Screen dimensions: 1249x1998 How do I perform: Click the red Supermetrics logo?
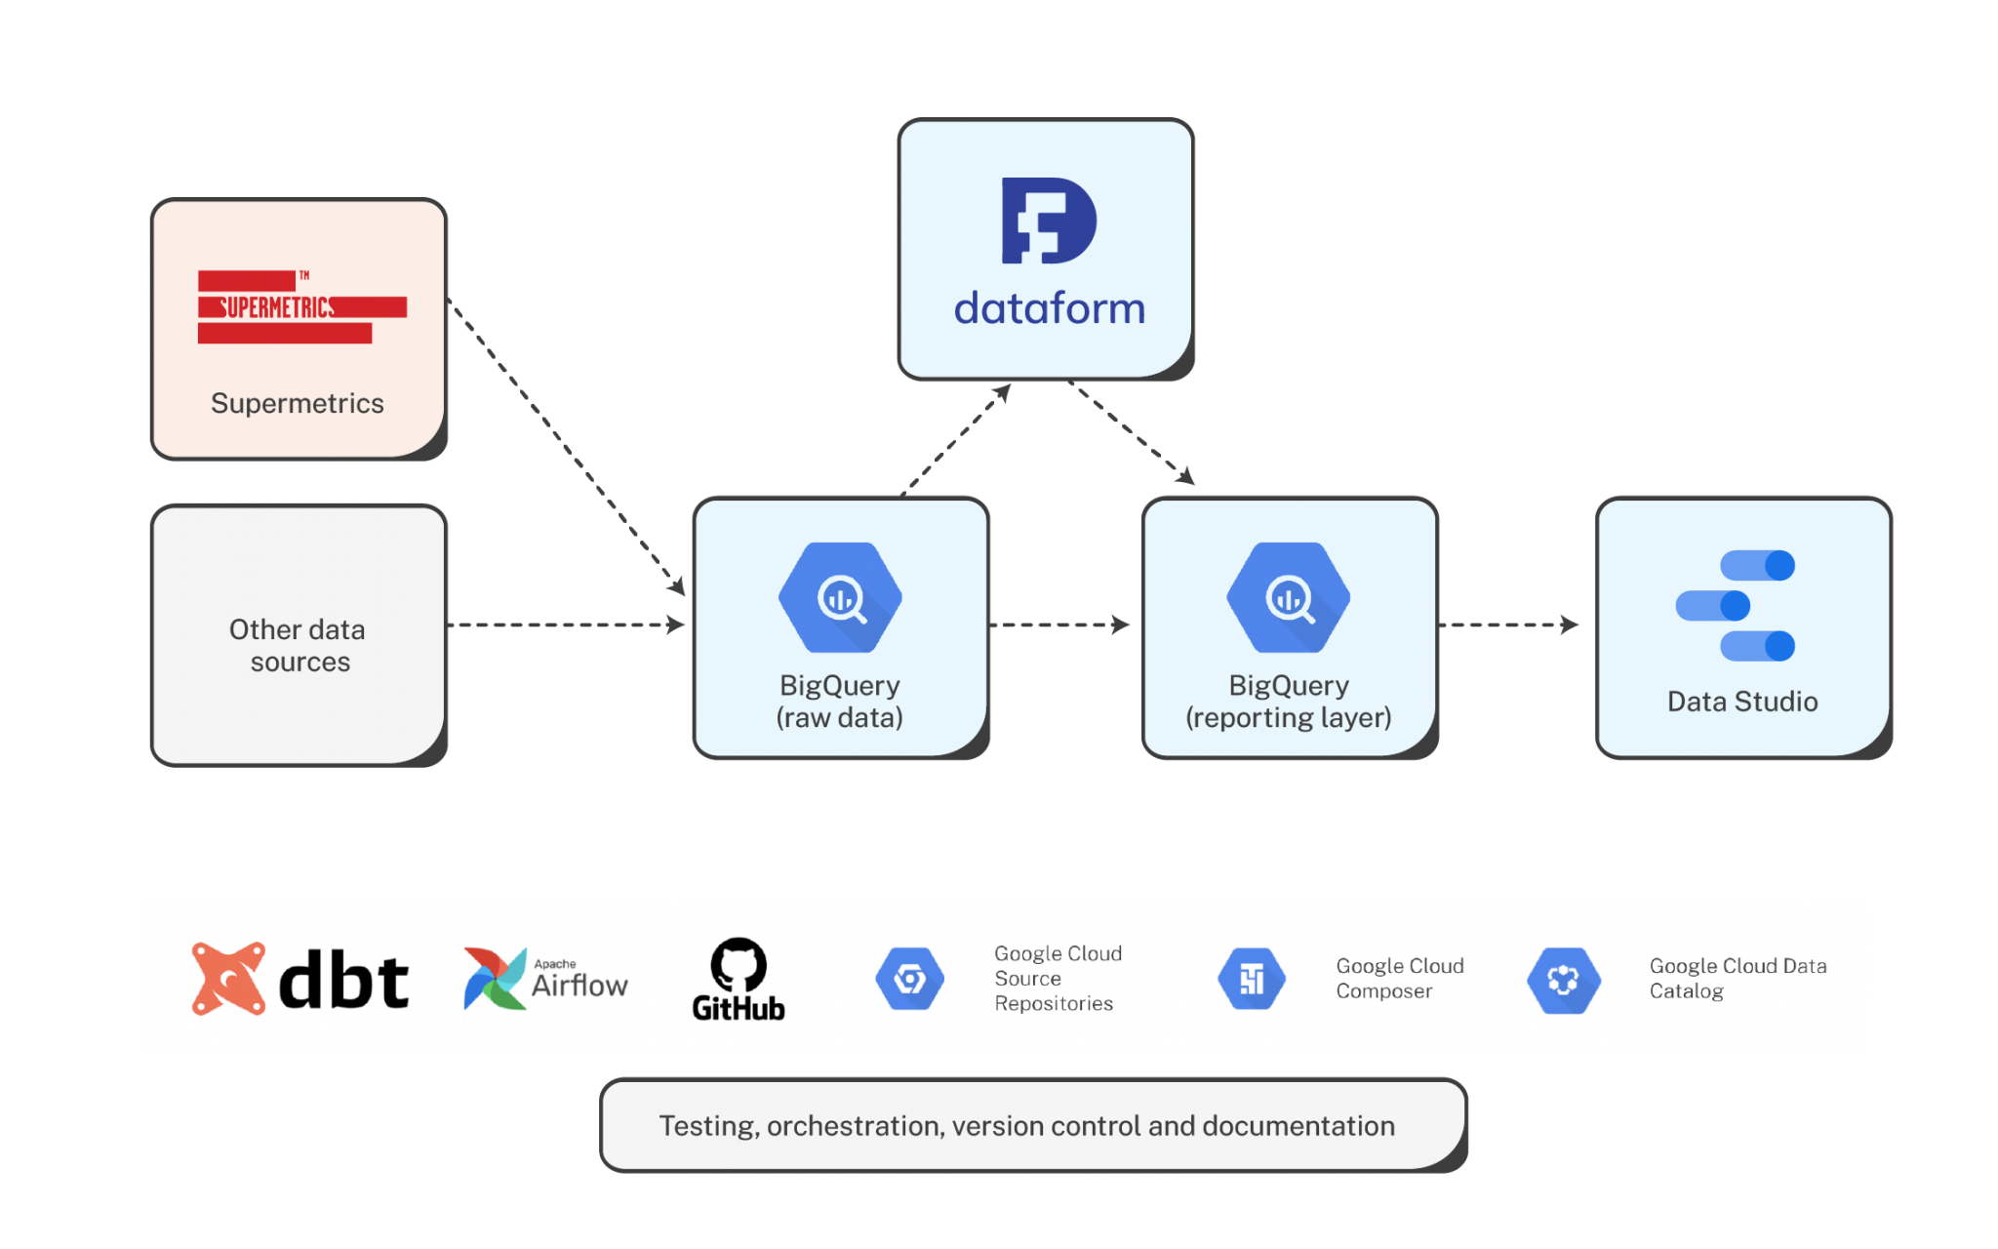point(301,307)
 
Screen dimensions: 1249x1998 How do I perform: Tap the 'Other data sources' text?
point(298,645)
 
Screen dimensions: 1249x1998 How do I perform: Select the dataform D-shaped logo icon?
point(1049,221)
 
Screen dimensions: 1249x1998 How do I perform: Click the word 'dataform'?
point(1049,308)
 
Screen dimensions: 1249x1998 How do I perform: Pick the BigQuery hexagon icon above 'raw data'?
point(840,597)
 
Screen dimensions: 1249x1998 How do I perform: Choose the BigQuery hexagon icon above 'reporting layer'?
point(1288,597)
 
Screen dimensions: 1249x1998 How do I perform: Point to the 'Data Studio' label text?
point(1742,702)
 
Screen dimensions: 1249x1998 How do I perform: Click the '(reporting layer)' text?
point(1288,718)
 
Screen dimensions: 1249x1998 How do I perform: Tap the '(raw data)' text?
point(840,718)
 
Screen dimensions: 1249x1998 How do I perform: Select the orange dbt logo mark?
point(228,978)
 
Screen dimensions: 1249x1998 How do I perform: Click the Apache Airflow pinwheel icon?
point(495,978)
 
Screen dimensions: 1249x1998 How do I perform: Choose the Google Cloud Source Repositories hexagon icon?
point(909,978)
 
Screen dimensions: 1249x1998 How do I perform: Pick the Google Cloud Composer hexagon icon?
point(1251,978)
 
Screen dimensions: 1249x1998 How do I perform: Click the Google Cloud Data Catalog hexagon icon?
point(1563,980)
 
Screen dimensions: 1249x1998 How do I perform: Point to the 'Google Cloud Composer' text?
point(1399,978)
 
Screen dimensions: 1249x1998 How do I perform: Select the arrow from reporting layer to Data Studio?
point(1508,624)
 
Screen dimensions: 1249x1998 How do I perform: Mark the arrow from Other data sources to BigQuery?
point(567,624)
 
